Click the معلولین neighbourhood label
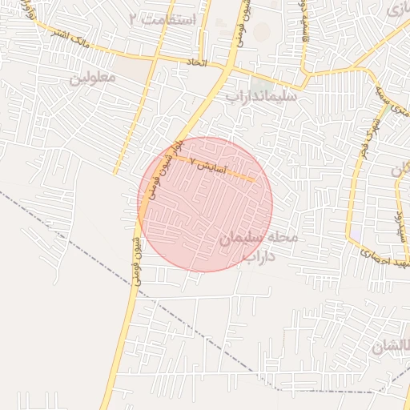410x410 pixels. coord(93,78)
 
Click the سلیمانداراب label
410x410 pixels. coord(255,96)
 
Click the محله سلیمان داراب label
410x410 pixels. coord(261,247)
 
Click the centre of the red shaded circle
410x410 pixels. coord(206,204)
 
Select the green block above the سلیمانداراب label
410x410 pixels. coord(261,83)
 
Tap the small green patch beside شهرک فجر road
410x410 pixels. coord(388,112)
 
